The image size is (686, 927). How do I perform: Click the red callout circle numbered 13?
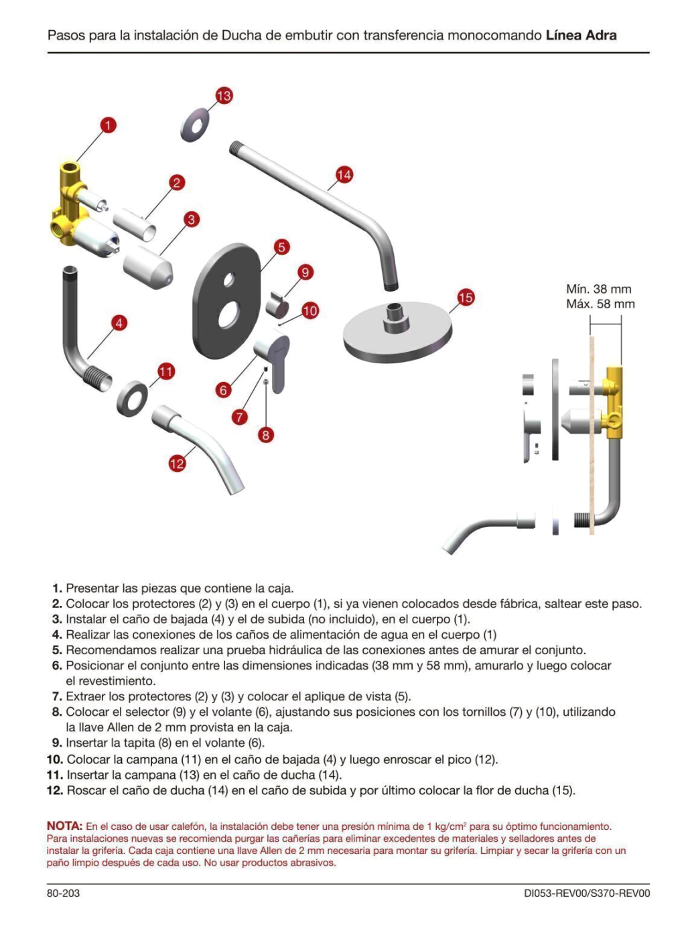[224, 96]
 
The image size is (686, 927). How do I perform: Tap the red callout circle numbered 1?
[109, 125]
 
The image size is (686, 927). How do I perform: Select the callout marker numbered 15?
[466, 298]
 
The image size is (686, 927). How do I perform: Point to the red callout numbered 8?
[266, 436]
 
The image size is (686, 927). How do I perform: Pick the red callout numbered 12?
[177, 464]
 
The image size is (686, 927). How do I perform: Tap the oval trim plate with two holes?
[227, 300]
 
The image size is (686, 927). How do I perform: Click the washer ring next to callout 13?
[195, 125]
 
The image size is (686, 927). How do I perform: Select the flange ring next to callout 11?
[132, 398]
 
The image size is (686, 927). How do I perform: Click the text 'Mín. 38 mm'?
[599, 289]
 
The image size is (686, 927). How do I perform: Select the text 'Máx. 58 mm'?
[600, 304]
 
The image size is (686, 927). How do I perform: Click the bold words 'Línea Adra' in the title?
[581, 36]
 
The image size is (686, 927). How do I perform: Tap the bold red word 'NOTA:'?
[65, 826]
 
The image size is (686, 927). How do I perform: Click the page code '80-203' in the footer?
[63, 893]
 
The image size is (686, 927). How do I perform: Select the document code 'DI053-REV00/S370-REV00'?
[587, 893]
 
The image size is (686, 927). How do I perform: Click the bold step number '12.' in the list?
[56, 790]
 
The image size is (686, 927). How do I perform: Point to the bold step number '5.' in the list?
[57, 650]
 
